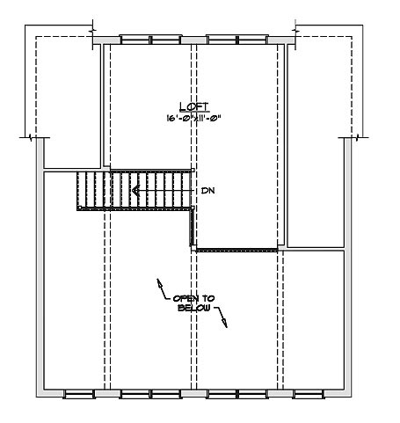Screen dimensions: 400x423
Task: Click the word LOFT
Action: click(194, 106)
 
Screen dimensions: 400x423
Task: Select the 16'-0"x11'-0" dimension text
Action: click(193, 118)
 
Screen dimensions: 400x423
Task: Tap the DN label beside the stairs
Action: click(207, 191)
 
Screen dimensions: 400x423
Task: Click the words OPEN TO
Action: click(193, 298)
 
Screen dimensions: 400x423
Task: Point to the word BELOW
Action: click(194, 308)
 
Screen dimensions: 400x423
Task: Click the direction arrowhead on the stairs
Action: click(135, 191)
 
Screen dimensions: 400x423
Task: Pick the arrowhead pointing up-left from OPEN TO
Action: click(160, 283)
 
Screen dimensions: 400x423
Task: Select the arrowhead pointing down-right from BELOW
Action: click(224, 323)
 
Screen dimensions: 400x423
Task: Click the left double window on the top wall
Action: click(150, 40)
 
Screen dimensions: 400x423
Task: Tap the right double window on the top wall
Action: click(237, 40)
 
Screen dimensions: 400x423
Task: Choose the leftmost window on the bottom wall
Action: click(79, 394)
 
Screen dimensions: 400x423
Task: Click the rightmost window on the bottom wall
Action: click(309, 394)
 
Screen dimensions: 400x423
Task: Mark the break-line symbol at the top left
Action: click(92, 30)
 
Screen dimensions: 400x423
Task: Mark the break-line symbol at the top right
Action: click(295, 30)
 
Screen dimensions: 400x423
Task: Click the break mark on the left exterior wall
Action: click(31, 137)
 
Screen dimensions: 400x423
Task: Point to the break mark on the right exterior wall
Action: click(357, 137)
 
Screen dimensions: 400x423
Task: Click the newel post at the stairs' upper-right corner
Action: click(193, 170)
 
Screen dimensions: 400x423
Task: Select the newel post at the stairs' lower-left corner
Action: click(79, 208)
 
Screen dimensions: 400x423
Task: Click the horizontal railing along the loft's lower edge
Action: click(236, 251)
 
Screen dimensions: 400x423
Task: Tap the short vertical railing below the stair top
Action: click(192, 228)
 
